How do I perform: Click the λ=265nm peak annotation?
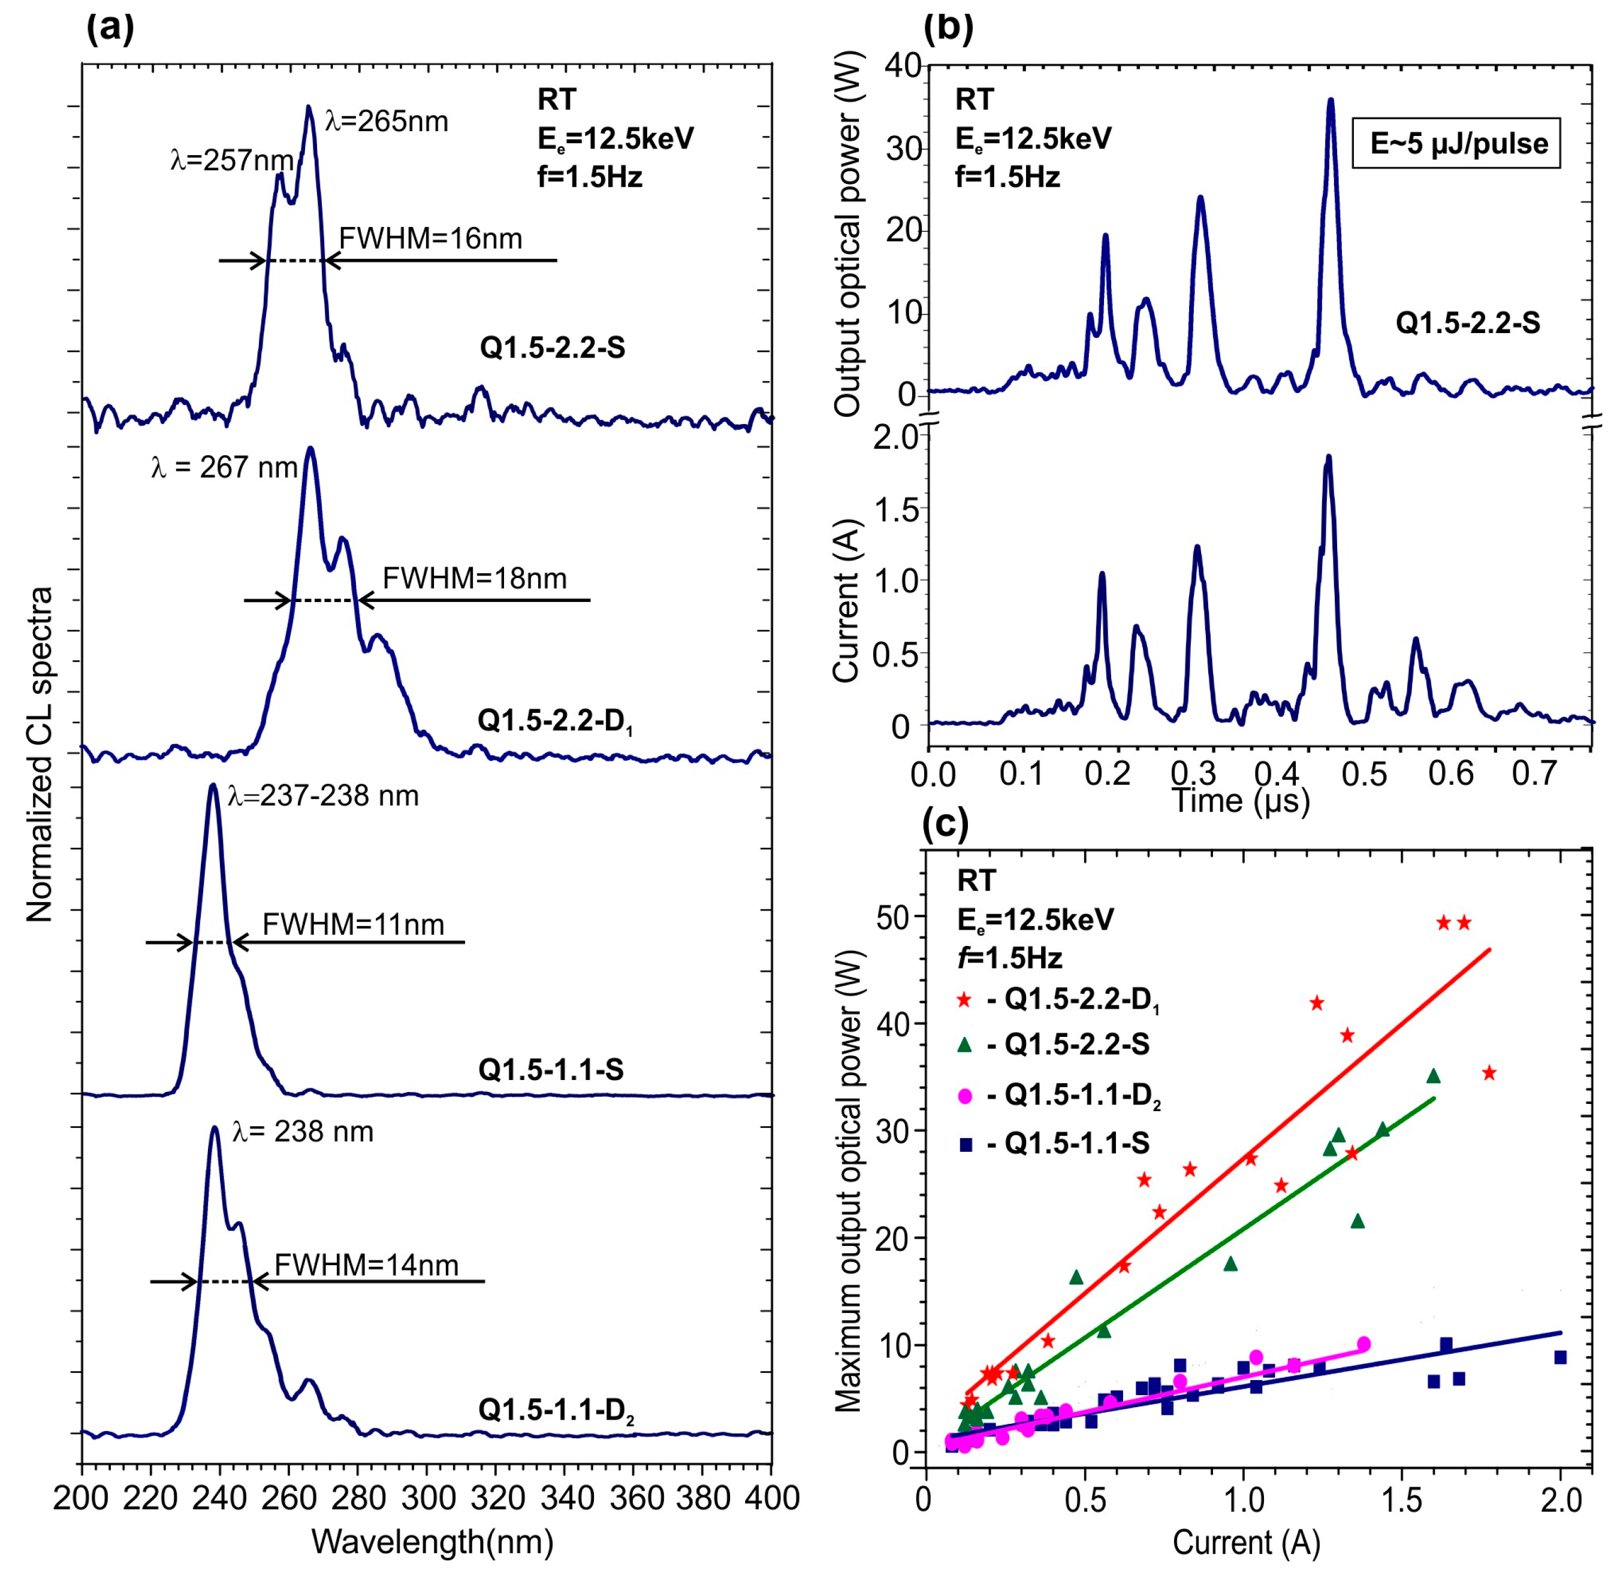(387, 122)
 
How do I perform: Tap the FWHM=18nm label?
(475, 578)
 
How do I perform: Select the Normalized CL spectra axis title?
(40, 755)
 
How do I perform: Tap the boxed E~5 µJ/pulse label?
(1458, 144)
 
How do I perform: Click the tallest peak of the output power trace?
(1331, 101)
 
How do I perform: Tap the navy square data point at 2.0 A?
(1559, 1357)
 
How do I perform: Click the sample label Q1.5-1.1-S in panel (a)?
(551, 1070)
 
